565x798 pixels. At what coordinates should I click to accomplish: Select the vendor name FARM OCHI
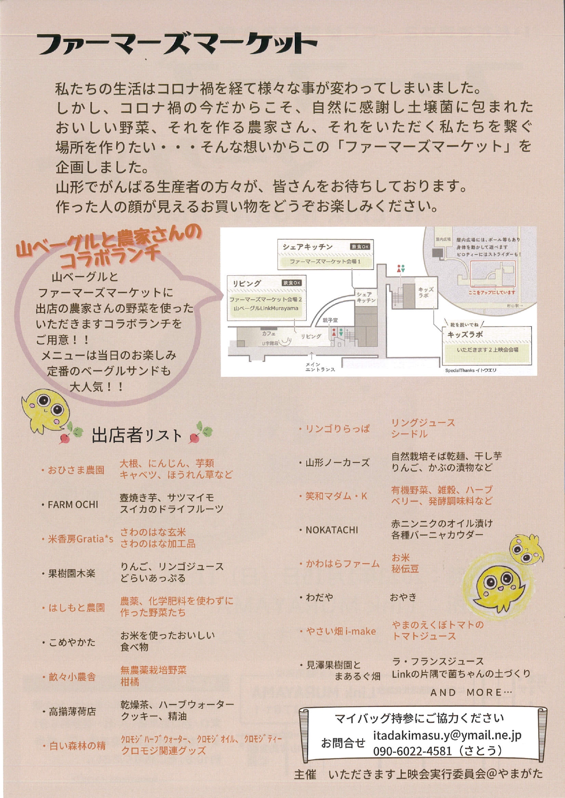click(x=73, y=504)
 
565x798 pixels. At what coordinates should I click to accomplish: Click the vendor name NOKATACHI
click(x=332, y=530)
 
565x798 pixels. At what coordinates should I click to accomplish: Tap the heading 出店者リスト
click(x=137, y=436)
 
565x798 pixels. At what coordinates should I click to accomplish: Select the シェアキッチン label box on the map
click(x=325, y=254)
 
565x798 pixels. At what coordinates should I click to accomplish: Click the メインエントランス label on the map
click(x=320, y=367)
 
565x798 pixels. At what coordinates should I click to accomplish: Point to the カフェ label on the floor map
click(x=269, y=334)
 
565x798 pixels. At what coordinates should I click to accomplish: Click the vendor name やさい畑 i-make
click(x=341, y=631)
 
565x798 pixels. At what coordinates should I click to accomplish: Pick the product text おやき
click(x=403, y=597)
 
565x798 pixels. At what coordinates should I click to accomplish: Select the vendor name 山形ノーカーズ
click(x=337, y=463)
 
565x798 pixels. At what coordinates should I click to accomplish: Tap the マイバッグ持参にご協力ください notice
click(x=419, y=718)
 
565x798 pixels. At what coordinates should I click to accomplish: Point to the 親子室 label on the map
click(x=330, y=320)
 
